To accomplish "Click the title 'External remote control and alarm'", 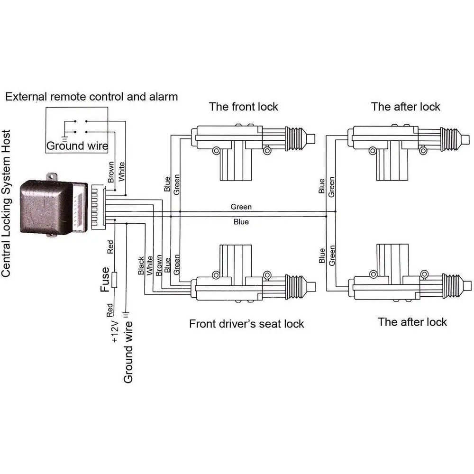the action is click(91, 97).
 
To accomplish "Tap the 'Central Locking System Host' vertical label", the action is click(6, 203).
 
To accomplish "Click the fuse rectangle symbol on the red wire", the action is click(114, 280).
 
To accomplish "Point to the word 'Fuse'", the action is click(105, 280).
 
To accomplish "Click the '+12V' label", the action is click(115, 331).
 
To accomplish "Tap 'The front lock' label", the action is click(243, 107).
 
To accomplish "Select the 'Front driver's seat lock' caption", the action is click(246, 324).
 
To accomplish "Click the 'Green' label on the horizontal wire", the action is click(241, 207).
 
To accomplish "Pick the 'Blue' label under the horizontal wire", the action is click(241, 222).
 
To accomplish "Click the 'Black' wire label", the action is click(141, 266).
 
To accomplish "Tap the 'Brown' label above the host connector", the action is click(111, 172).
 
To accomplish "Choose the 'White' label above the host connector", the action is click(121, 172).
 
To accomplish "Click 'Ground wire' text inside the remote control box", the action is click(77, 146).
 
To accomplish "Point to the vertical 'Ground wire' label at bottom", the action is click(128, 352).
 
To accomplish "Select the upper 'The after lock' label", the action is click(405, 107).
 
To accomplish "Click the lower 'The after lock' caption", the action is click(412, 322).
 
